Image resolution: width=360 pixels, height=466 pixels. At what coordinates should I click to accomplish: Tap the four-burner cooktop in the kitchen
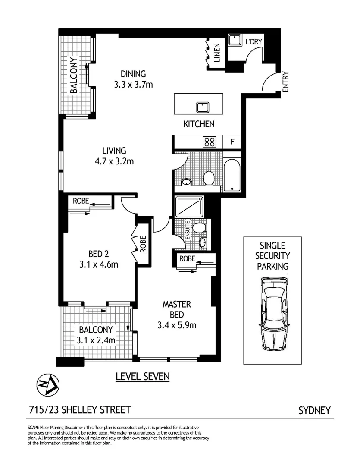pos(210,142)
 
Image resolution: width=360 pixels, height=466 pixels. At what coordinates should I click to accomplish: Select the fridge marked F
pos(232,142)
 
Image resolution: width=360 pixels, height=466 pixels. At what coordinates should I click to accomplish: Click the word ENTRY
pos(285,81)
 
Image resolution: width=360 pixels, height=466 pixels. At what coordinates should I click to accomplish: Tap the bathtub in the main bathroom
pos(232,175)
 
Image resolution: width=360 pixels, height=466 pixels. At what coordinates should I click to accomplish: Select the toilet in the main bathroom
pos(209,177)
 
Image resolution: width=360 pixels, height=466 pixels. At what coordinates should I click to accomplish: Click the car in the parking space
pos(275,313)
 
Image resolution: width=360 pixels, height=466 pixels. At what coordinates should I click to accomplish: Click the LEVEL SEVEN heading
pos(143,377)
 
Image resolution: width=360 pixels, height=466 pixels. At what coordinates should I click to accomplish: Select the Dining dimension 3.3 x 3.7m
pos(133,85)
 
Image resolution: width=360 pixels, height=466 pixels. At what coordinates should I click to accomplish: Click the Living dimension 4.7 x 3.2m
pos(114,162)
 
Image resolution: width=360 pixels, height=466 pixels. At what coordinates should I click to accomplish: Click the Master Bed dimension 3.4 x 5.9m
pos(177,325)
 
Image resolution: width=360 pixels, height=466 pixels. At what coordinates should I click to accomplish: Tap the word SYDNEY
pos(314,410)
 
